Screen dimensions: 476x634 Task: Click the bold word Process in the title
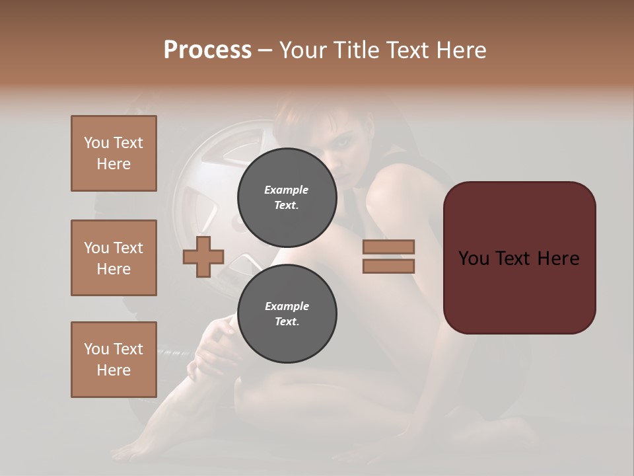pyautogui.click(x=207, y=50)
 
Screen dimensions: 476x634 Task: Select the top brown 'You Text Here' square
pyautogui.click(x=114, y=153)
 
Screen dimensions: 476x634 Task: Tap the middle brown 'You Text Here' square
pyautogui.click(x=114, y=258)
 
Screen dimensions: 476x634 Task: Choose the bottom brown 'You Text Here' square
pyautogui.click(x=114, y=360)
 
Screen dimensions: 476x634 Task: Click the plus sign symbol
pyautogui.click(x=203, y=257)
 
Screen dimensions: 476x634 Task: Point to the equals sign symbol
pyautogui.click(x=388, y=257)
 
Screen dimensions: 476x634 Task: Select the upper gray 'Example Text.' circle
pyautogui.click(x=287, y=198)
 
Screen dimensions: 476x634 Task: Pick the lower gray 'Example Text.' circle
pyautogui.click(x=287, y=314)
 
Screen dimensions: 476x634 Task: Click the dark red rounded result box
pyautogui.click(x=519, y=258)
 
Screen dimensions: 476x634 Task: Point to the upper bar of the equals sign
pyautogui.click(x=388, y=247)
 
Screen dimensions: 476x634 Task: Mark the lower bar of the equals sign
pyautogui.click(x=388, y=266)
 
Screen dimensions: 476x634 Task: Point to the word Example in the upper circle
pyautogui.click(x=287, y=190)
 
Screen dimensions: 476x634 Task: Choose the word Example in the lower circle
pyautogui.click(x=287, y=307)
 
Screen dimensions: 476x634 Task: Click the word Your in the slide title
pyautogui.click(x=304, y=50)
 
